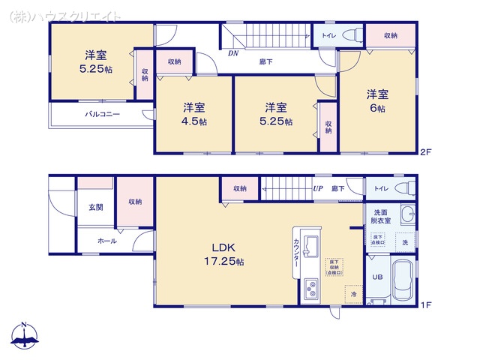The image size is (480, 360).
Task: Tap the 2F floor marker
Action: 425,151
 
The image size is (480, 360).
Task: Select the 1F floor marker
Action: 425,305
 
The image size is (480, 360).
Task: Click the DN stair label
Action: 233,54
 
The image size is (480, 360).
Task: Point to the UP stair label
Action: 318,188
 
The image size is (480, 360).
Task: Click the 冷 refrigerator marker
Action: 354,295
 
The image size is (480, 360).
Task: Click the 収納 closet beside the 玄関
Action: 134,201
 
